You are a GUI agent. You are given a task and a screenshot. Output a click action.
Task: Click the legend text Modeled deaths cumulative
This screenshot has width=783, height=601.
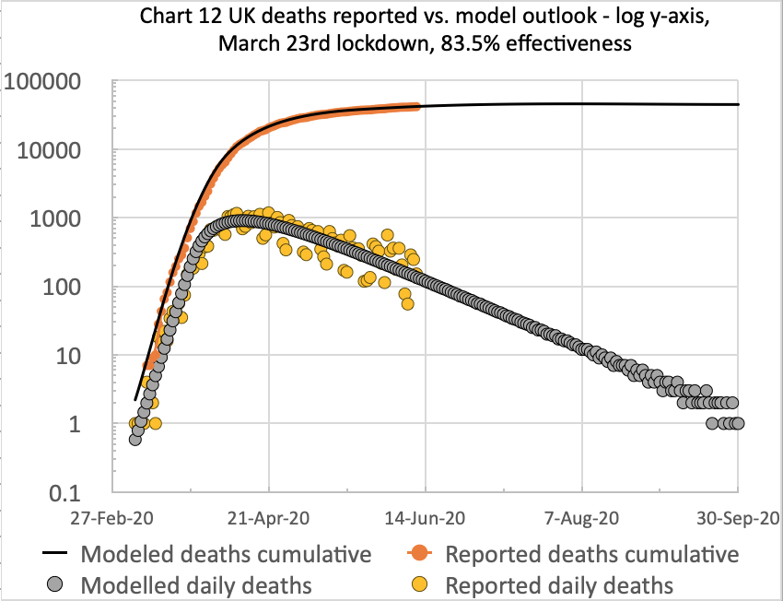coord(226,554)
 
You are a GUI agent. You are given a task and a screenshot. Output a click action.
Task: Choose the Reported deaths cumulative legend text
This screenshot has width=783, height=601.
coord(591,554)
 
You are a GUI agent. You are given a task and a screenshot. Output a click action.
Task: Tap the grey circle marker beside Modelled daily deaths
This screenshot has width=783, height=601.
coord(58,584)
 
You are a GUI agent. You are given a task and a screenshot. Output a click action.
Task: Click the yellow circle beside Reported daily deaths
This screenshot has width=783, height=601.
coord(422,584)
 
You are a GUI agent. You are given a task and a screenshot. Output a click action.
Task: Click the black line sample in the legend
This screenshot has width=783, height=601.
coord(57,554)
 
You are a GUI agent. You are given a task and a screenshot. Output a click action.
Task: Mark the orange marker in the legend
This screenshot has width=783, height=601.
coord(421,554)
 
